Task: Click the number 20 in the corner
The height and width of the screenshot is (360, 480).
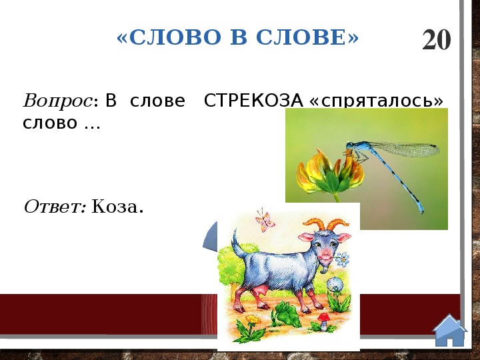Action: (x=437, y=39)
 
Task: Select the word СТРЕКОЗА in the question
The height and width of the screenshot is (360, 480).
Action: (x=253, y=100)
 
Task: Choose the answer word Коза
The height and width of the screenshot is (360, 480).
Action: (x=117, y=207)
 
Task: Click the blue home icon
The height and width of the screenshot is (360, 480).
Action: (x=449, y=331)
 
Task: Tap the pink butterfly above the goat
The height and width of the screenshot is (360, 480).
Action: (x=265, y=221)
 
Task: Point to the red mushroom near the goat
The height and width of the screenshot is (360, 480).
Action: (x=323, y=321)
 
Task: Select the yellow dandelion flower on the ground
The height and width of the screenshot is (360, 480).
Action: (x=253, y=319)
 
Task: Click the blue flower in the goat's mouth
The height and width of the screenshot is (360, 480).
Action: (x=342, y=259)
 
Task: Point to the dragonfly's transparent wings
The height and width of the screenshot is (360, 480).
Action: (x=404, y=149)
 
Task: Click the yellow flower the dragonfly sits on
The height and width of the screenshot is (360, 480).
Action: (x=329, y=175)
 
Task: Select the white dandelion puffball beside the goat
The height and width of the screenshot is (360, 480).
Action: (x=334, y=284)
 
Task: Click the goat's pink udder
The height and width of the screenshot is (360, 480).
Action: (x=260, y=291)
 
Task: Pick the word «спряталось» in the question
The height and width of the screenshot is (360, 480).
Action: (x=377, y=101)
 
